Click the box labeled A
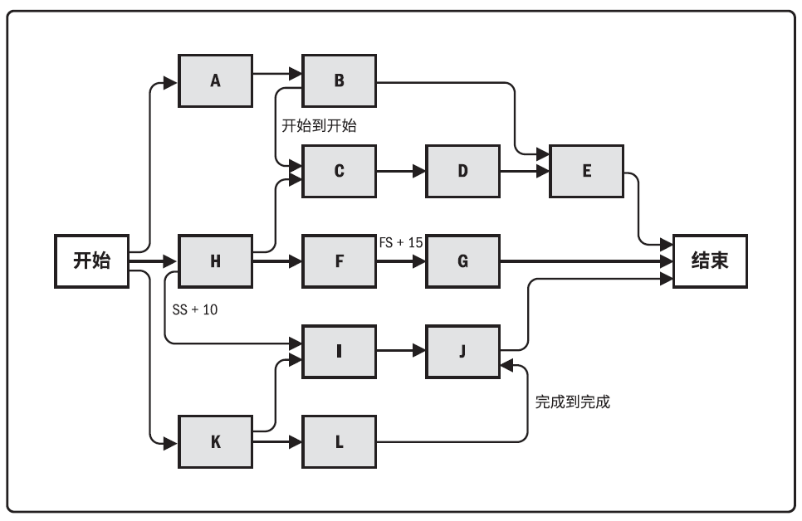[x=215, y=80]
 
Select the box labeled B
[x=339, y=80]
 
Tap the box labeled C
[x=339, y=171]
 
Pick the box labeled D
[x=463, y=171]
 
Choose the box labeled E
[x=587, y=171]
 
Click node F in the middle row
[x=339, y=261]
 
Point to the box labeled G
[x=463, y=261]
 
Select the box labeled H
[x=215, y=261]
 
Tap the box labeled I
[x=339, y=352]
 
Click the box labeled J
[x=463, y=352]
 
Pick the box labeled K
[x=215, y=441]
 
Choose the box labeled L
[x=339, y=441]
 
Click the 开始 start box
[x=91, y=261]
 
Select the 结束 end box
[x=710, y=261]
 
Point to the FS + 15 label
[x=401, y=242]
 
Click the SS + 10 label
[x=195, y=309]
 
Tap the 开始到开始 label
[x=319, y=126]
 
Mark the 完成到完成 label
[x=572, y=402]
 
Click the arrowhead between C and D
[x=419, y=171]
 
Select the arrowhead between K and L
[x=295, y=441]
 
